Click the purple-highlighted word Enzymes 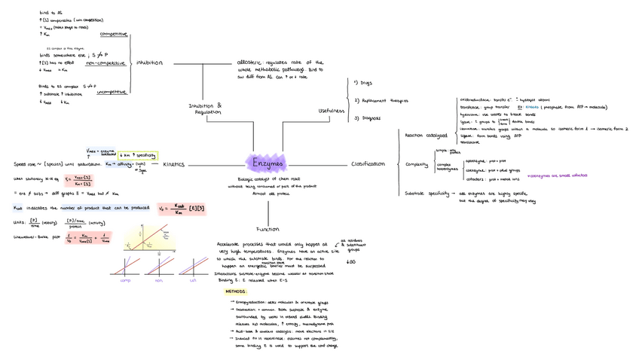(x=268, y=163)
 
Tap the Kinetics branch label (x=173, y=164)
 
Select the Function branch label (x=268, y=228)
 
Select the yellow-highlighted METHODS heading (x=237, y=291)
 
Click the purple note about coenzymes (x=557, y=175)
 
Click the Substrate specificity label (x=429, y=194)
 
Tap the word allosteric (x=250, y=63)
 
